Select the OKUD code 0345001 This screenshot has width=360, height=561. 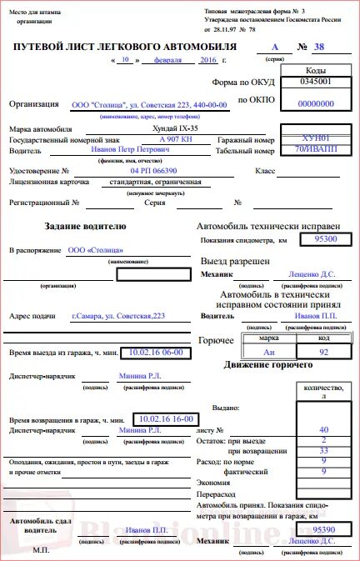pyautogui.click(x=315, y=83)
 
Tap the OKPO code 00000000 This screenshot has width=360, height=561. pyautogui.click(x=315, y=103)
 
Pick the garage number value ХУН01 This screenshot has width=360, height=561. pyautogui.click(x=316, y=138)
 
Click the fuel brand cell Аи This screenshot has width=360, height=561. pyautogui.click(x=269, y=353)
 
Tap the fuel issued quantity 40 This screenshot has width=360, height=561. pyautogui.click(x=323, y=428)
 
